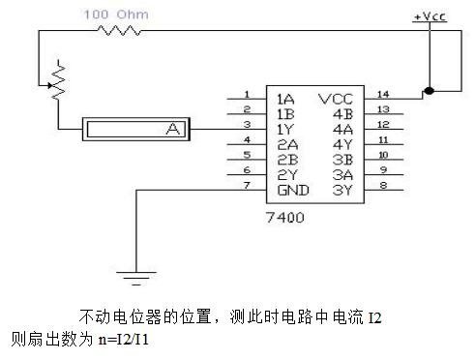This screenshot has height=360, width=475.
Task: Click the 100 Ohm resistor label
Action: coord(116,15)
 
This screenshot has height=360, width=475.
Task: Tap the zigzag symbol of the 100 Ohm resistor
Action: coord(119,31)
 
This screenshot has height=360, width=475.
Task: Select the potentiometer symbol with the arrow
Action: coord(57,80)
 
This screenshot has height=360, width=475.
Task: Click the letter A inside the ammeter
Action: coord(173,129)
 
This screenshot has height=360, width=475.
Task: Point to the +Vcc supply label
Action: coord(430,16)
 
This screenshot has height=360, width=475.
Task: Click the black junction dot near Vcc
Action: coord(430,91)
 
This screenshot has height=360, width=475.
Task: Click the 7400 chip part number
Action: coord(285,218)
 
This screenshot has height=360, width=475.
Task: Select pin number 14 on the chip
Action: coord(383,94)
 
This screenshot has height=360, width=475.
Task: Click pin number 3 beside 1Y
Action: coord(247,124)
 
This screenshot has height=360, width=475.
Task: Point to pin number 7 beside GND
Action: coord(247,185)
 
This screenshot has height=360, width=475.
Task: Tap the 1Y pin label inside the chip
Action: coord(285,130)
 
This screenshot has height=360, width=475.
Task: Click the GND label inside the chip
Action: coord(293,190)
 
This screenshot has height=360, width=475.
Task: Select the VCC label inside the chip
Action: coord(336,99)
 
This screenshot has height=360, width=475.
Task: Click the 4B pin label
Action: coord(343,114)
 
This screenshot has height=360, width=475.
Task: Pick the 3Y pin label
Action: coord(342,190)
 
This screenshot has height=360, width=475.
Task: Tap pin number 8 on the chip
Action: coord(383,185)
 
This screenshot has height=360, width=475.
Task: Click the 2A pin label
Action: coord(287,144)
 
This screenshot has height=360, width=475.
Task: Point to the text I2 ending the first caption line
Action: coord(375,317)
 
